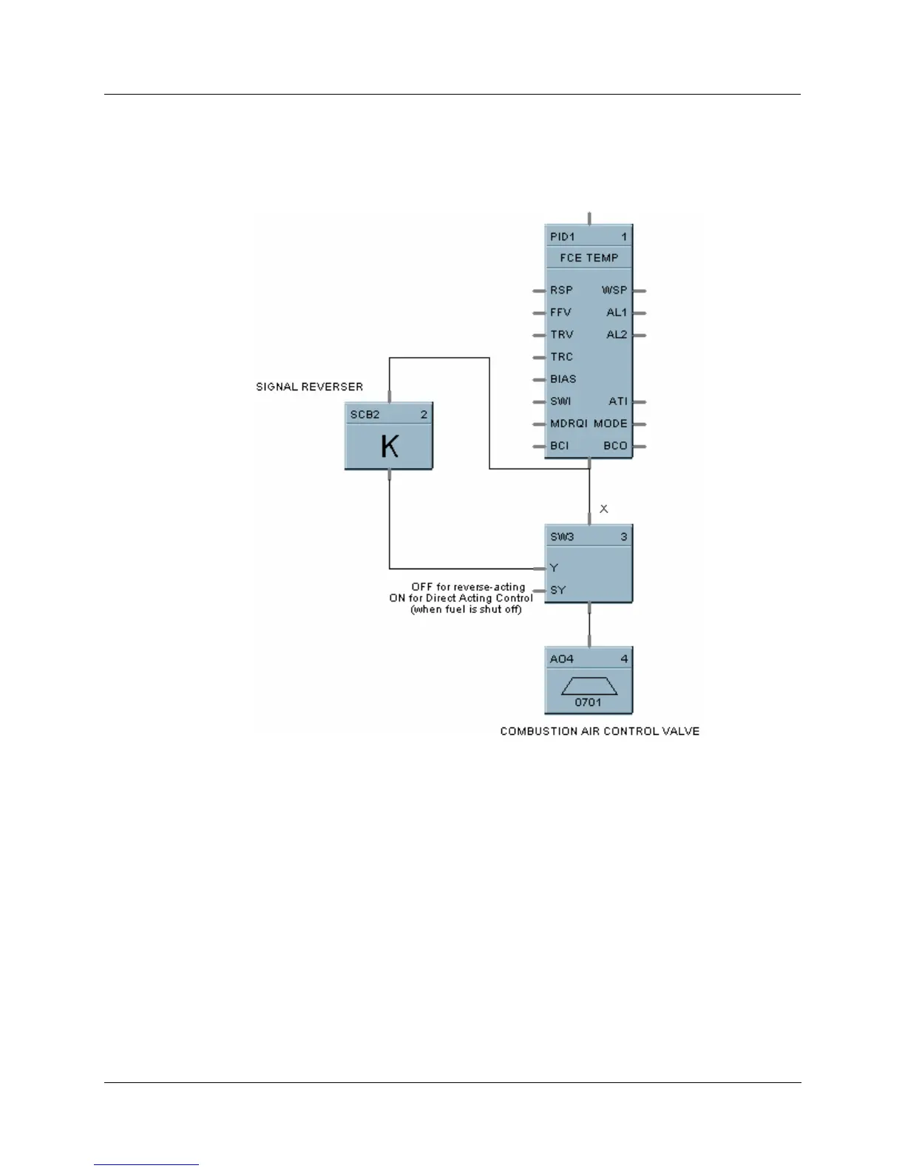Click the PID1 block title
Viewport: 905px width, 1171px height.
click(x=563, y=237)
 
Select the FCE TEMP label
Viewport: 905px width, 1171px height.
click(x=589, y=258)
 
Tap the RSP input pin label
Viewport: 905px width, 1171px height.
click(x=561, y=291)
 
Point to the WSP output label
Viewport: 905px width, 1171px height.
click(x=614, y=291)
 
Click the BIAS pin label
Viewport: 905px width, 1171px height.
click(x=563, y=379)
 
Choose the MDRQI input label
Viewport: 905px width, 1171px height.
click(x=569, y=424)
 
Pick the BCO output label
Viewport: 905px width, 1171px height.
click(x=615, y=446)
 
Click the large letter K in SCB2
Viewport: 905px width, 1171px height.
click(x=389, y=447)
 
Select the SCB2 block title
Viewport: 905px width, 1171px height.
click(x=365, y=415)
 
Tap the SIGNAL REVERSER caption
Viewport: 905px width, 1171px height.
click(x=309, y=387)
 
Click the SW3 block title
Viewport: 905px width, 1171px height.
click(x=562, y=537)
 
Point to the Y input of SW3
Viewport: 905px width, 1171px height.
click(x=554, y=568)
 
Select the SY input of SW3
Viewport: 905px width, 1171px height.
click(x=557, y=590)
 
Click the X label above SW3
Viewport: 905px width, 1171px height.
click(x=604, y=509)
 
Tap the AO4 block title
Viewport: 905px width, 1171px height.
click(x=562, y=659)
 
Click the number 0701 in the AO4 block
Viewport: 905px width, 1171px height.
click(x=589, y=702)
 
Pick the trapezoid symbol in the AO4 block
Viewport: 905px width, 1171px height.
click(x=589, y=686)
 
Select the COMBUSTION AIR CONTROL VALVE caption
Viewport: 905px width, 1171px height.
click(x=600, y=731)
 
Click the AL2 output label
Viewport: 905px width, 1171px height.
click(x=617, y=335)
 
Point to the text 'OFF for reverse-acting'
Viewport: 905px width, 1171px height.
click(x=468, y=587)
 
